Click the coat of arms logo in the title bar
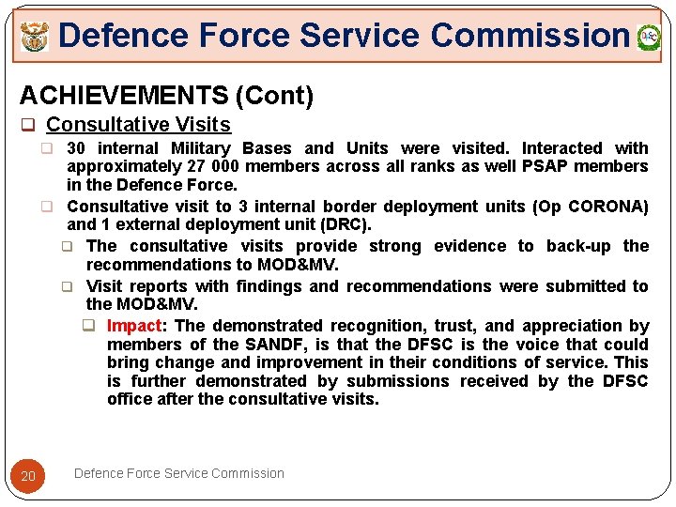[x=35, y=38]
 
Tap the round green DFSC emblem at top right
[x=649, y=38]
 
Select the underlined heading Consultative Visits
[x=138, y=124]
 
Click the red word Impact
[x=134, y=326]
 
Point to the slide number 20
[x=28, y=476]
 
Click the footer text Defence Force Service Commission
[x=178, y=473]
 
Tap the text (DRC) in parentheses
[x=346, y=224]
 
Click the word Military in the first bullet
[x=200, y=148]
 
